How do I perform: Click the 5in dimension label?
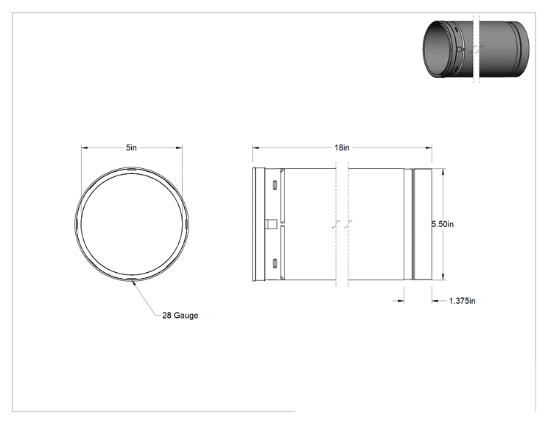point(131,147)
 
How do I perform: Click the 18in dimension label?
point(342,147)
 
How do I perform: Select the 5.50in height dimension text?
point(443,224)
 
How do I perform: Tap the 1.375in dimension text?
point(462,301)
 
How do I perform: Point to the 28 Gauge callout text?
point(180,315)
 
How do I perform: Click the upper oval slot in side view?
point(275,184)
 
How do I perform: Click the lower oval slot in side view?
point(275,263)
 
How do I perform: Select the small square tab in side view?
point(272,224)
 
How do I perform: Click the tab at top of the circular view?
point(131,169)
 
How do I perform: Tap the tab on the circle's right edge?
point(186,224)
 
